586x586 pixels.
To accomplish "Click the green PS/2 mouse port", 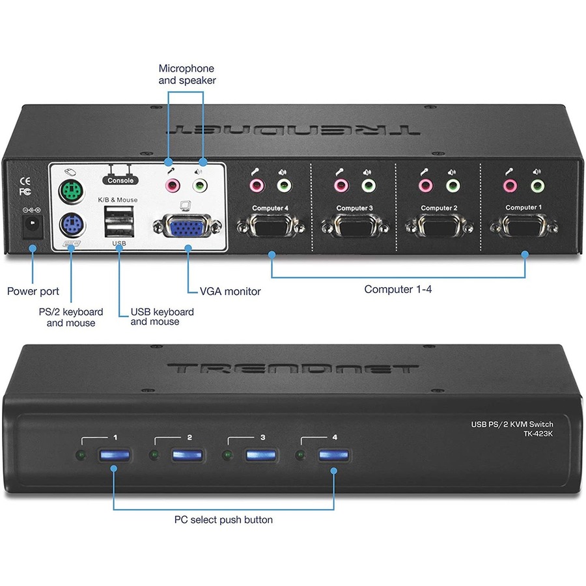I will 69,192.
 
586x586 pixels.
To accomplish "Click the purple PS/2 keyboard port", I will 71,227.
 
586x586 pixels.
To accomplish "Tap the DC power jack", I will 30,227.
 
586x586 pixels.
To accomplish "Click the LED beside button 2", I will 154,454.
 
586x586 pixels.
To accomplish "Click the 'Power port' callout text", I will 33,291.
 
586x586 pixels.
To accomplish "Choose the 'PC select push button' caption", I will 223,520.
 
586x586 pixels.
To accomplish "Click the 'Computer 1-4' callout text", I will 398,289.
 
